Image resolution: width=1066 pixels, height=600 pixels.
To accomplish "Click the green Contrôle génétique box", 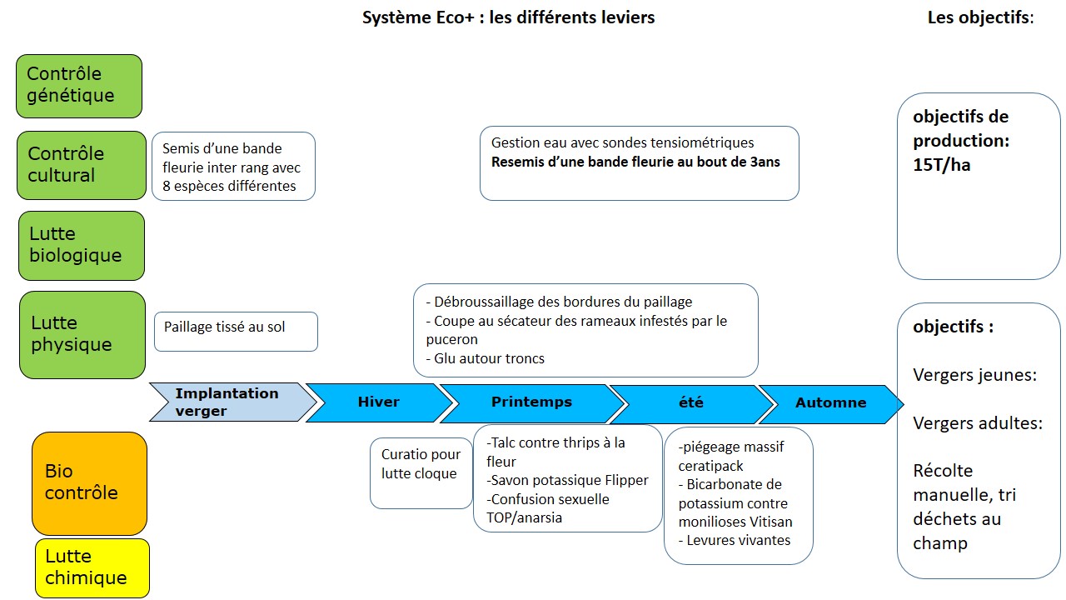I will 79,86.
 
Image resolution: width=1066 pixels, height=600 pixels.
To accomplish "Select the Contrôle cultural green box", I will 81,165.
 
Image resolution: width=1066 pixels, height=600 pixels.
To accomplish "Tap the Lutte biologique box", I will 81,245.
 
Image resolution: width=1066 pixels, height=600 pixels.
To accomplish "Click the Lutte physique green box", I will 82,334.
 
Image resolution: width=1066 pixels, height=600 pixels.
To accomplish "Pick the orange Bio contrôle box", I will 89,482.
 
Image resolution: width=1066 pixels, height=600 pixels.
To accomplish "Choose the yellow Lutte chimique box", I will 92,567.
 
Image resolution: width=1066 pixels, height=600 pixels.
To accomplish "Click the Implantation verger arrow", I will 227,402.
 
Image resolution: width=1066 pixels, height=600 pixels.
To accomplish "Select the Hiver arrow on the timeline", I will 378,402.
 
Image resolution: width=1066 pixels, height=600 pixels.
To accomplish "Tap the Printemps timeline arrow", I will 531,402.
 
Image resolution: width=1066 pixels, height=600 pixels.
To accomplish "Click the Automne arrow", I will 830,403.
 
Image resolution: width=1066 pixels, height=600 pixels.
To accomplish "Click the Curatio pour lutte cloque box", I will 421,472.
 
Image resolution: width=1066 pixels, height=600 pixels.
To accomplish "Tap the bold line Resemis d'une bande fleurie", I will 635,162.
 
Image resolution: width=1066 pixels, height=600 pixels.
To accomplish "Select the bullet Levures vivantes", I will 735,540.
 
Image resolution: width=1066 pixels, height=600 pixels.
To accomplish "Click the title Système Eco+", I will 508,17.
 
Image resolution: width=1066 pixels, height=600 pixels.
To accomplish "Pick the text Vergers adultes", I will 977,423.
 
